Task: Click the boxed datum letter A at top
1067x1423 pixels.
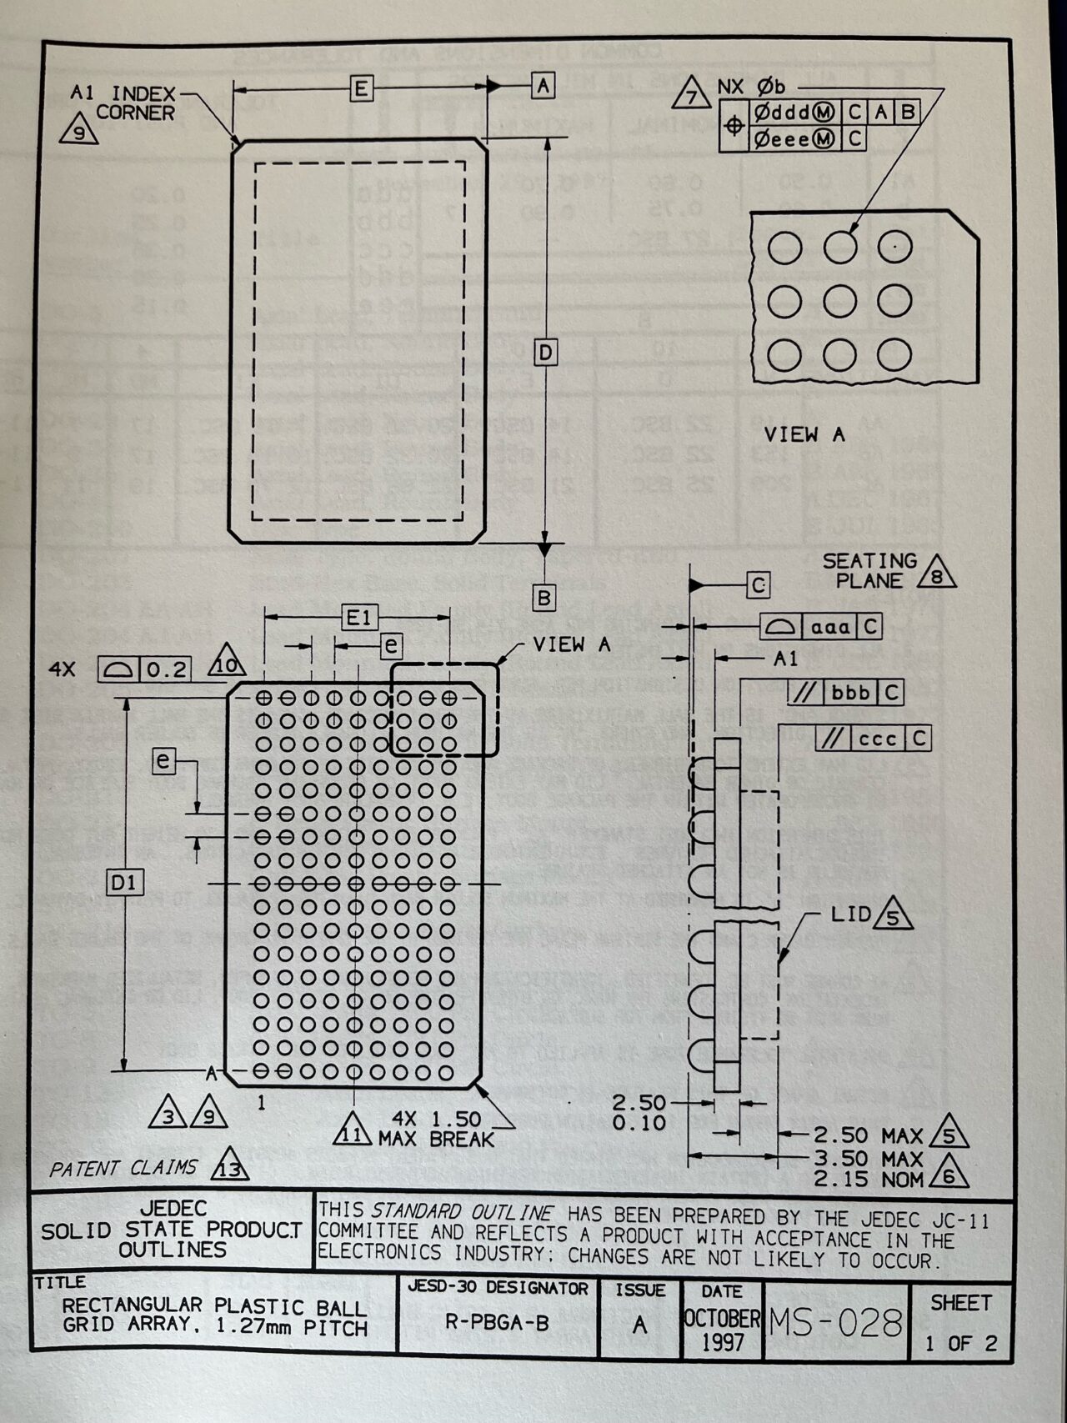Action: [543, 85]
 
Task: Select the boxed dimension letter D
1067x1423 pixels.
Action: [545, 353]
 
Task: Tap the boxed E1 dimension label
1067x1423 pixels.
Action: [359, 618]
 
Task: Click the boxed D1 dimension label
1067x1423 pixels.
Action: [124, 882]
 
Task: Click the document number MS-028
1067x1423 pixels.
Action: [836, 1322]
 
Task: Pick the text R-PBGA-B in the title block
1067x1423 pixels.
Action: [497, 1322]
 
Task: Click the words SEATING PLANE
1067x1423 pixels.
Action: [869, 571]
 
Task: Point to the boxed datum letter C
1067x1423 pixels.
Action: [758, 585]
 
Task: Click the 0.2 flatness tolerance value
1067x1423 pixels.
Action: [167, 669]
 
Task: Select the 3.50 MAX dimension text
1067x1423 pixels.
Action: [868, 1159]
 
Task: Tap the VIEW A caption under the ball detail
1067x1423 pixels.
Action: [804, 434]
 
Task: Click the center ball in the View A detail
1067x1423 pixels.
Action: [839, 301]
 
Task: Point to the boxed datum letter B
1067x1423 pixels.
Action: [544, 598]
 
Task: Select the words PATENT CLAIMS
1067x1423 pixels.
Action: [123, 1169]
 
